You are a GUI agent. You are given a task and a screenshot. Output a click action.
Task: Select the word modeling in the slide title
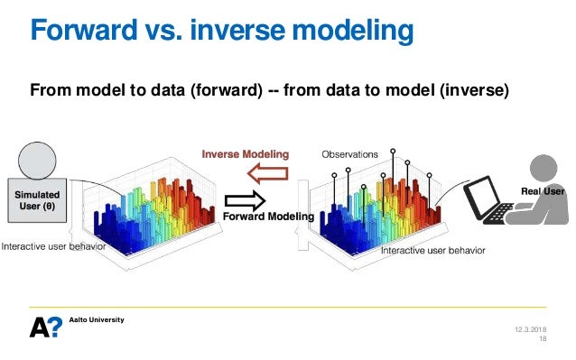pyautogui.click(x=355, y=32)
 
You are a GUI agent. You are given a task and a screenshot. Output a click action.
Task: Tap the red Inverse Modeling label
pyautogui.click(x=245, y=154)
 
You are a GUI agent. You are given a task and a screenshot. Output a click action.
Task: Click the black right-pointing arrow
pyautogui.click(x=244, y=198)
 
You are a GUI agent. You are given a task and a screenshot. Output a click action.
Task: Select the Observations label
pyautogui.click(x=349, y=154)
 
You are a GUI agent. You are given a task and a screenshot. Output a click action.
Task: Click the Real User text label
pyautogui.click(x=543, y=191)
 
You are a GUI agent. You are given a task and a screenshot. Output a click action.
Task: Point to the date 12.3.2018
pyautogui.click(x=530, y=328)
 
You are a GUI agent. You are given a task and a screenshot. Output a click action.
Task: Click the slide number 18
pyautogui.click(x=543, y=339)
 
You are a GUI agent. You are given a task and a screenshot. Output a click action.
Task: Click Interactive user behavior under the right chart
pyautogui.click(x=432, y=250)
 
